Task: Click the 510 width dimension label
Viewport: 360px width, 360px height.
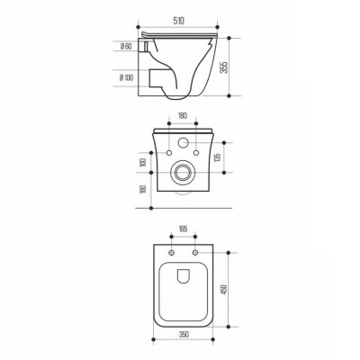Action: pos(178,21)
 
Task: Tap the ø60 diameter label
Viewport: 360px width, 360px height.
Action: pos(126,47)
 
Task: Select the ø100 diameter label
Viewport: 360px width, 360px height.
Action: pos(126,77)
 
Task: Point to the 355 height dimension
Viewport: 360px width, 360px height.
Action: pos(224,67)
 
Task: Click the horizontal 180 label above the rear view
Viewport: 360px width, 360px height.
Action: pos(183,115)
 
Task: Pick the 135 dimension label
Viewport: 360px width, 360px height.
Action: pos(218,157)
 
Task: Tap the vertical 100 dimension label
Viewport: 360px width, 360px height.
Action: pos(143,162)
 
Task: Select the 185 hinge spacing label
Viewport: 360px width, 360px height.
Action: pos(183,229)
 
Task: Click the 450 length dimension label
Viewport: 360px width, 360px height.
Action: pos(224,289)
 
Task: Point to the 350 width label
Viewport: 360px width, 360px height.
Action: pos(184,334)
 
